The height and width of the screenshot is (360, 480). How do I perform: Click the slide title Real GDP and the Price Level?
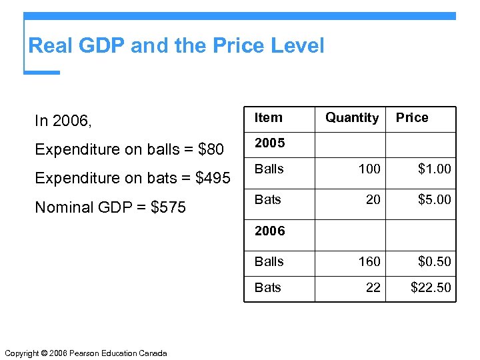click(176, 46)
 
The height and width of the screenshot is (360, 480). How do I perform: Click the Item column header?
click(268, 118)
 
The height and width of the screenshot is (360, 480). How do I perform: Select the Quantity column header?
click(351, 118)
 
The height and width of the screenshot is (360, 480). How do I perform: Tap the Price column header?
click(412, 118)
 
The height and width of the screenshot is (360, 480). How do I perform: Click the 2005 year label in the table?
click(269, 143)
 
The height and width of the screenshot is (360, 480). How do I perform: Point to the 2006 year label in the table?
click(269, 231)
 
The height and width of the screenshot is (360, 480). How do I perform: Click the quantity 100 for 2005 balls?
click(369, 169)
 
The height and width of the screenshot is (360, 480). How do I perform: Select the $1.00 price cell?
click(434, 169)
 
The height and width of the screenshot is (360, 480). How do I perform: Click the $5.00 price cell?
click(434, 199)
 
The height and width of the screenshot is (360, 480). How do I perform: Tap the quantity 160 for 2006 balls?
click(369, 261)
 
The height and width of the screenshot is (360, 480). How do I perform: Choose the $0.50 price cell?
click(434, 261)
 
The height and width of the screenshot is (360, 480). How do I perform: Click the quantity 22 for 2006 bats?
click(373, 287)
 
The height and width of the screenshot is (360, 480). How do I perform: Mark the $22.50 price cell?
click(431, 287)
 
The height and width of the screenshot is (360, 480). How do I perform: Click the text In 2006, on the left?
click(63, 121)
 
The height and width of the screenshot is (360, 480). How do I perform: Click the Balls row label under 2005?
click(269, 169)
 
